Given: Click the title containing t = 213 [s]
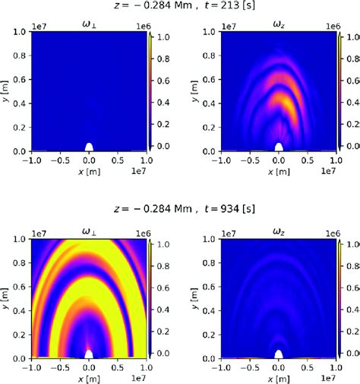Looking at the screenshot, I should tap(179, 8).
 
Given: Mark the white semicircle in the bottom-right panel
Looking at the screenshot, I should tap(279, 354).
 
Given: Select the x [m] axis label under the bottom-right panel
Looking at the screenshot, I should tap(279, 381).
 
